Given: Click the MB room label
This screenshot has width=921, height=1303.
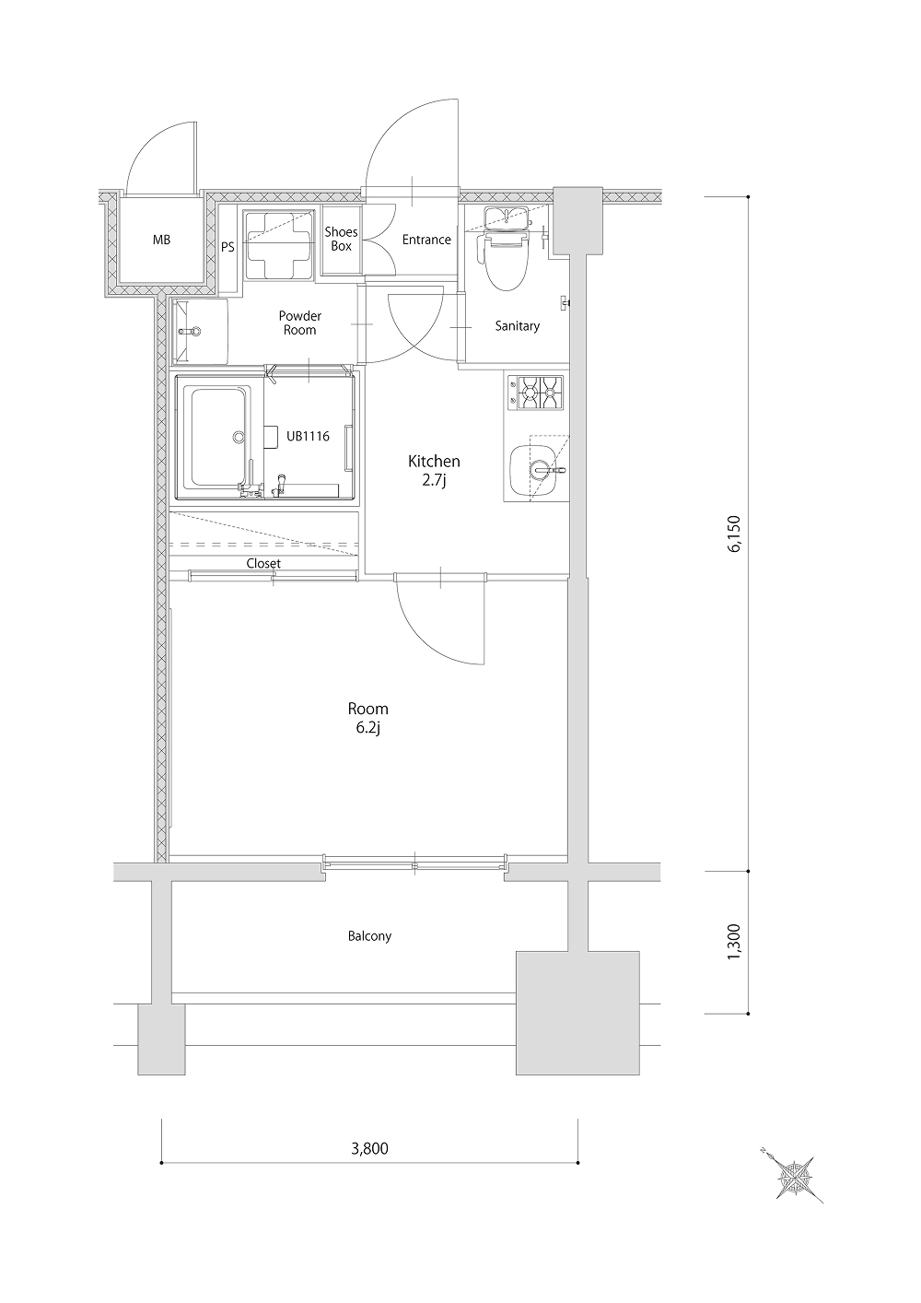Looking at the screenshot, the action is pyautogui.click(x=162, y=240).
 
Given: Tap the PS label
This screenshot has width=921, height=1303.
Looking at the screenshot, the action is pyautogui.click(x=227, y=247).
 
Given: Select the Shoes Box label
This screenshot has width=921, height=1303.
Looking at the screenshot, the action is pyautogui.click(x=341, y=239).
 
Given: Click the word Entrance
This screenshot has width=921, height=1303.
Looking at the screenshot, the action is pyautogui.click(x=426, y=240).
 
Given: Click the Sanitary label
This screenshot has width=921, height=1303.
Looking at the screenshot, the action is pyautogui.click(x=517, y=326).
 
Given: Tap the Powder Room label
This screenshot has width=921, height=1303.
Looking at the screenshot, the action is pyautogui.click(x=299, y=323).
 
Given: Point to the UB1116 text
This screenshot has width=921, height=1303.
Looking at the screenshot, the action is pyautogui.click(x=308, y=436).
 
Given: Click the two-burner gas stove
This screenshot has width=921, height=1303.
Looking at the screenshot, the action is pyautogui.click(x=535, y=393).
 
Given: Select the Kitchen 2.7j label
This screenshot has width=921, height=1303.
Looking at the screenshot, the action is pyautogui.click(x=434, y=471).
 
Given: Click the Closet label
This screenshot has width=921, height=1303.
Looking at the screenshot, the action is pyautogui.click(x=263, y=564).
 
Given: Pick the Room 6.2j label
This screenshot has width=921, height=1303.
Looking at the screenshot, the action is pyautogui.click(x=368, y=719).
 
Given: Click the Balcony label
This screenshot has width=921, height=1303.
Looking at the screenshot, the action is pyautogui.click(x=370, y=936).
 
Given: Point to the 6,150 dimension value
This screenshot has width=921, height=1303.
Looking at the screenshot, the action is pyautogui.click(x=734, y=534).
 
